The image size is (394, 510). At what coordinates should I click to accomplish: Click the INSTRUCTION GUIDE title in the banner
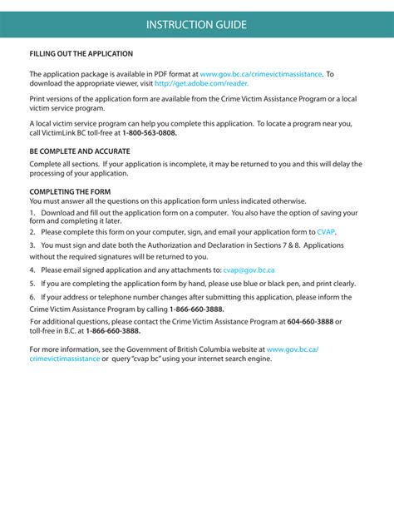(x=196, y=24)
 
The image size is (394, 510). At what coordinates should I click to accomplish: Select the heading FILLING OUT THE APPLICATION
(x=81, y=54)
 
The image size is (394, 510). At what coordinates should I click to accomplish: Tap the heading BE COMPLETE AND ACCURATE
(x=80, y=152)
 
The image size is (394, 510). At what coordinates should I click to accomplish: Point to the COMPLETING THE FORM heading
(x=70, y=191)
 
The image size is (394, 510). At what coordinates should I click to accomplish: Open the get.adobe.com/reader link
(x=205, y=84)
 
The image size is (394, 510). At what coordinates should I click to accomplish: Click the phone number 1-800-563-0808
(x=150, y=133)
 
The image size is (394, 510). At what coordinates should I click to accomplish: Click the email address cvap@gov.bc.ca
(x=249, y=270)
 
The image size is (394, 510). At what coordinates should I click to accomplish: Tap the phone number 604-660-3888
(x=310, y=320)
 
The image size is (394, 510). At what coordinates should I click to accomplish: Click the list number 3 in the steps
(x=32, y=246)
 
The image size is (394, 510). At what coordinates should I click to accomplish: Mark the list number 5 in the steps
(x=32, y=284)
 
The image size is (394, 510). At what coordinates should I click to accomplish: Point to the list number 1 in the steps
(x=32, y=213)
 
